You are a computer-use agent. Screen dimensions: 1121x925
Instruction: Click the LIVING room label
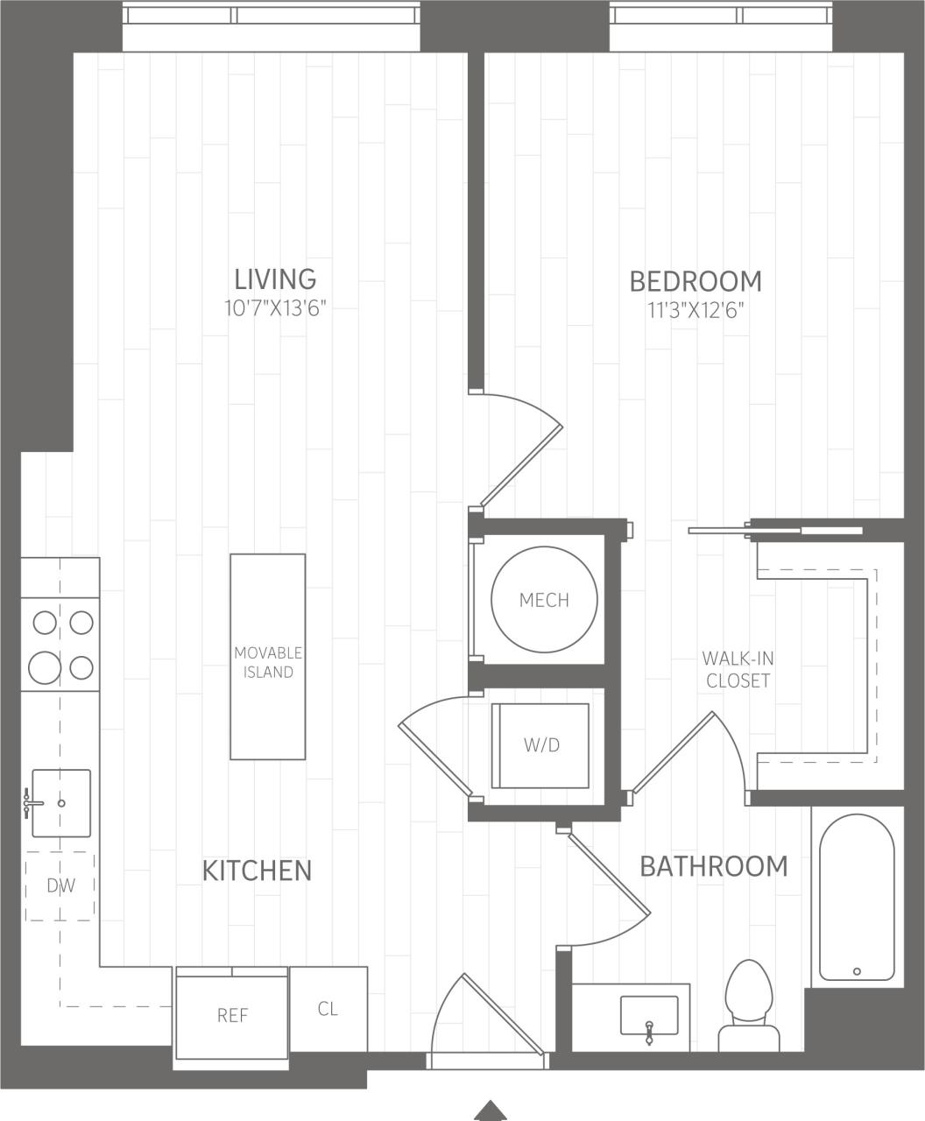pyautogui.click(x=275, y=278)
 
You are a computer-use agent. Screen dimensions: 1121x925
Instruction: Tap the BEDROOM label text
pyautogui.click(x=696, y=281)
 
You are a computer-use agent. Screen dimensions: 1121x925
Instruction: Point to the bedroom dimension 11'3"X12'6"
pyautogui.click(x=696, y=310)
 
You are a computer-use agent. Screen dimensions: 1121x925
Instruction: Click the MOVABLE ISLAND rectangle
pyautogui.click(x=268, y=657)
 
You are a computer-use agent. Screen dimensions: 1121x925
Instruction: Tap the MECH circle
pyautogui.click(x=544, y=600)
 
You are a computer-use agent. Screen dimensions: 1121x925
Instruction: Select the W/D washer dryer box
pyautogui.click(x=540, y=745)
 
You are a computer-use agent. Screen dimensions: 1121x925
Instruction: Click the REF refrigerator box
pyautogui.click(x=232, y=1014)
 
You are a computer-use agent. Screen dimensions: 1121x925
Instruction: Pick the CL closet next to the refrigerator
pyautogui.click(x=328, y=1009)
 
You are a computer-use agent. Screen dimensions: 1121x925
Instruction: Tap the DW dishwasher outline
pyautogui.click(x=60, y=885)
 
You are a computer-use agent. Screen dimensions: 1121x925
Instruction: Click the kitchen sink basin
pyautogui.click(x=61, y=803)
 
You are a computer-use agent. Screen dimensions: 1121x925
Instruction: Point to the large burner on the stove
pyautogui.click(x=45, y=668)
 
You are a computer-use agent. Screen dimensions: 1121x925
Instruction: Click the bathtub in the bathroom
pyautogui.click(x=857, y=898)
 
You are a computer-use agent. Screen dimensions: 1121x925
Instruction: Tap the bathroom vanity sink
pyautogui.click(x=648, y=1015)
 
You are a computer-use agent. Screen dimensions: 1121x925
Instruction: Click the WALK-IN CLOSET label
pyautogui.click(x=738, y=669)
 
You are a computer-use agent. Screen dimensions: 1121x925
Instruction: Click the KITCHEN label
pyautogui.click(x=257, y=871)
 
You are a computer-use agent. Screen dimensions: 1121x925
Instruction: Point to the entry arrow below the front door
pyautogui.click(x=491, y=1110)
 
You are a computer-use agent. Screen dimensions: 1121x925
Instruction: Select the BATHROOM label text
pyautogui.click(x=713, y=866)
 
